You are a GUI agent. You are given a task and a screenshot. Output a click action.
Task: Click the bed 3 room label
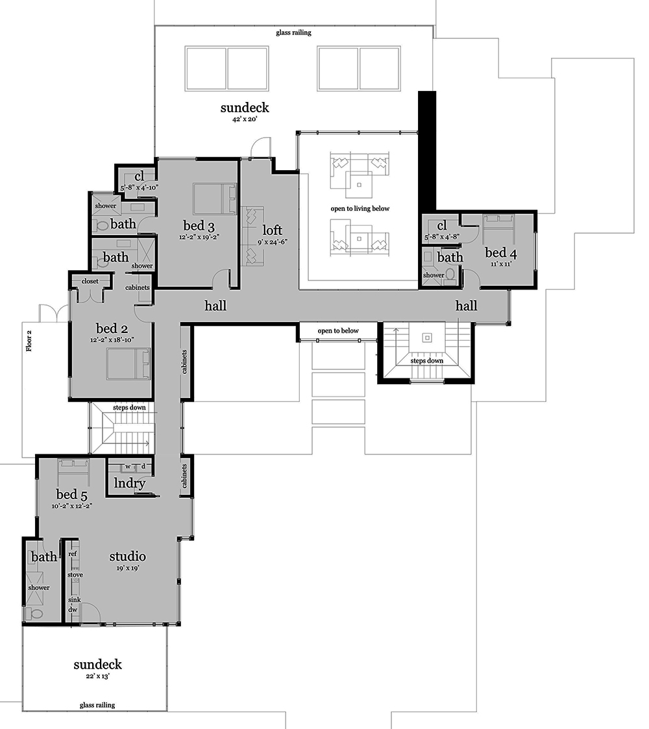click(x=199, y=226)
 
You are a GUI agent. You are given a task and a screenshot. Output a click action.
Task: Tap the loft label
click(x=272, y=230)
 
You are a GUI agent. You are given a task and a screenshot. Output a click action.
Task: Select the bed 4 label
click(x=500, y=253)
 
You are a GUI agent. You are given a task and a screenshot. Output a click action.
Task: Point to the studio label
click(x=127, y=556)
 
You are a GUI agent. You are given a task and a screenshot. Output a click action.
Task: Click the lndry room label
click(x=130, y=484)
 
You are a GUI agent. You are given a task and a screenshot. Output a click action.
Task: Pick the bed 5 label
click(x=71, y=494)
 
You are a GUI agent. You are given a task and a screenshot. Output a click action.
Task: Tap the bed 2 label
click(x=112, y=328)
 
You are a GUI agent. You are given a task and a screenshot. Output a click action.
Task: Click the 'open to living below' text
click(x=360, y=209)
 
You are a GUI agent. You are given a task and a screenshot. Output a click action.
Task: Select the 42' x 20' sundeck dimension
click(x=245, y=119)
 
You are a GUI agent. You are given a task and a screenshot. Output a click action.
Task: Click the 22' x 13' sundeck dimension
click(x=97, y=676)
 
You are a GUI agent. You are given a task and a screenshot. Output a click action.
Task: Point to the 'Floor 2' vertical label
click(x=29, y=341)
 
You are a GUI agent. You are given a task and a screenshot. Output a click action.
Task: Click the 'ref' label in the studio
click(x=73, y=554)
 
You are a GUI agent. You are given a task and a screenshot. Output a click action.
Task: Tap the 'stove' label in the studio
click(x=75, y=575)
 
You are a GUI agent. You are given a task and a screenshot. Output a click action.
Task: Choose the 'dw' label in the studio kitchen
click(x=73, y=610)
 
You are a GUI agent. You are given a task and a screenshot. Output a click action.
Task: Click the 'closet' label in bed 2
click(x=90, y=281)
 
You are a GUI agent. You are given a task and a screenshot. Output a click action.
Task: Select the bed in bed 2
click(x=129, y=364)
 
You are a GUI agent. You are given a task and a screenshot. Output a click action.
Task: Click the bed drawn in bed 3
click(x=215, y=199)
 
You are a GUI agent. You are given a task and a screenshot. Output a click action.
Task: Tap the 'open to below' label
click(x=338, y=330)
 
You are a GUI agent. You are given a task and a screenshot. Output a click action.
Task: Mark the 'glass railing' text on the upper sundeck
click(x=293, y=32)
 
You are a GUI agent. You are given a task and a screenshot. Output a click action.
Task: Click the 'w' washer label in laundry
click(x=128, y=466)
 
